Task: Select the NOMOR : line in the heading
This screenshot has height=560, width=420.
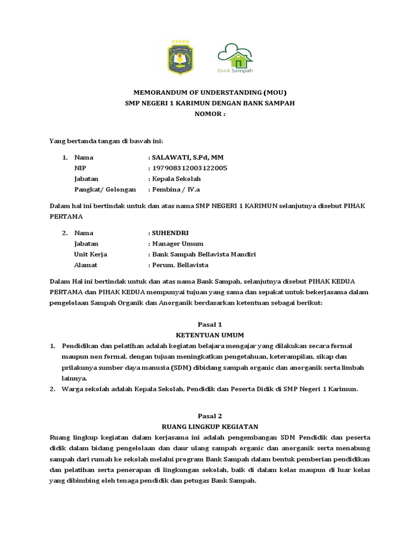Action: (210, 114)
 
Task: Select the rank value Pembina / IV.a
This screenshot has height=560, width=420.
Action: (176, 189)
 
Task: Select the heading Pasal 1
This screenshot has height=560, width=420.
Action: (210, 324)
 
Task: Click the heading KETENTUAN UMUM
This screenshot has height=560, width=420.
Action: (210, 335)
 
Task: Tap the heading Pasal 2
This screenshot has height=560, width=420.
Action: (210, 416)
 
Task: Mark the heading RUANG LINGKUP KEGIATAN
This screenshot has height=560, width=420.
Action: (210, 427)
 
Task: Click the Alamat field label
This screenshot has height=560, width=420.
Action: (86, 265)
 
